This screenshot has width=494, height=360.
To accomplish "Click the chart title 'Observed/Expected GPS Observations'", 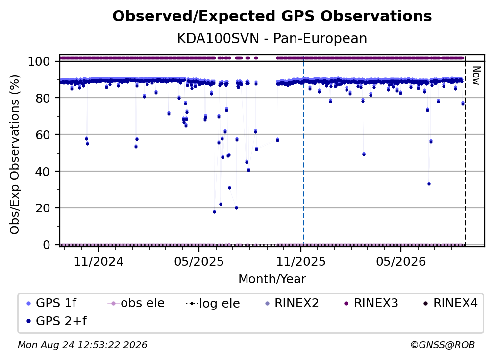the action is click(272, 16).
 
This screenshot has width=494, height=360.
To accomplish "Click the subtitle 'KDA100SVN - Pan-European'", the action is click(272, 39).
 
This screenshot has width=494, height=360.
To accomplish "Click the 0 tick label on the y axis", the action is click(47, 245).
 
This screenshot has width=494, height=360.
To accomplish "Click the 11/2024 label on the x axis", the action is click(99, 262).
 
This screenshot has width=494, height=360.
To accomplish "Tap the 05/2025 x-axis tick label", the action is click(199, 262).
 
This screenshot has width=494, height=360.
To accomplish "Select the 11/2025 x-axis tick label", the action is click(301, 262).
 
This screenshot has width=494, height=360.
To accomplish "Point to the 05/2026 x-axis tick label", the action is click(401, 262).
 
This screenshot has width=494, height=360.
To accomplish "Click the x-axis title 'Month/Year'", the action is click(272, 279).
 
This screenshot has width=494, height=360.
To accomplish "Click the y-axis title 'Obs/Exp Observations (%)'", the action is click(15, 154).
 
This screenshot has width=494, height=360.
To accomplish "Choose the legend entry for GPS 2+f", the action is click(56, 321).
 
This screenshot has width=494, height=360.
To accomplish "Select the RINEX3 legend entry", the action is click(371, 303).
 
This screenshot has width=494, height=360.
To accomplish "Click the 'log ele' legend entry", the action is click(213, 303).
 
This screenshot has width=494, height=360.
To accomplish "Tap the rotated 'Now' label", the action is click(476, 76).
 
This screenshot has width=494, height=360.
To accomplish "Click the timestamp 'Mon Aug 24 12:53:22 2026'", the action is click(82, 345).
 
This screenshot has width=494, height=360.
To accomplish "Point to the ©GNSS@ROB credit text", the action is click(443, 345).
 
